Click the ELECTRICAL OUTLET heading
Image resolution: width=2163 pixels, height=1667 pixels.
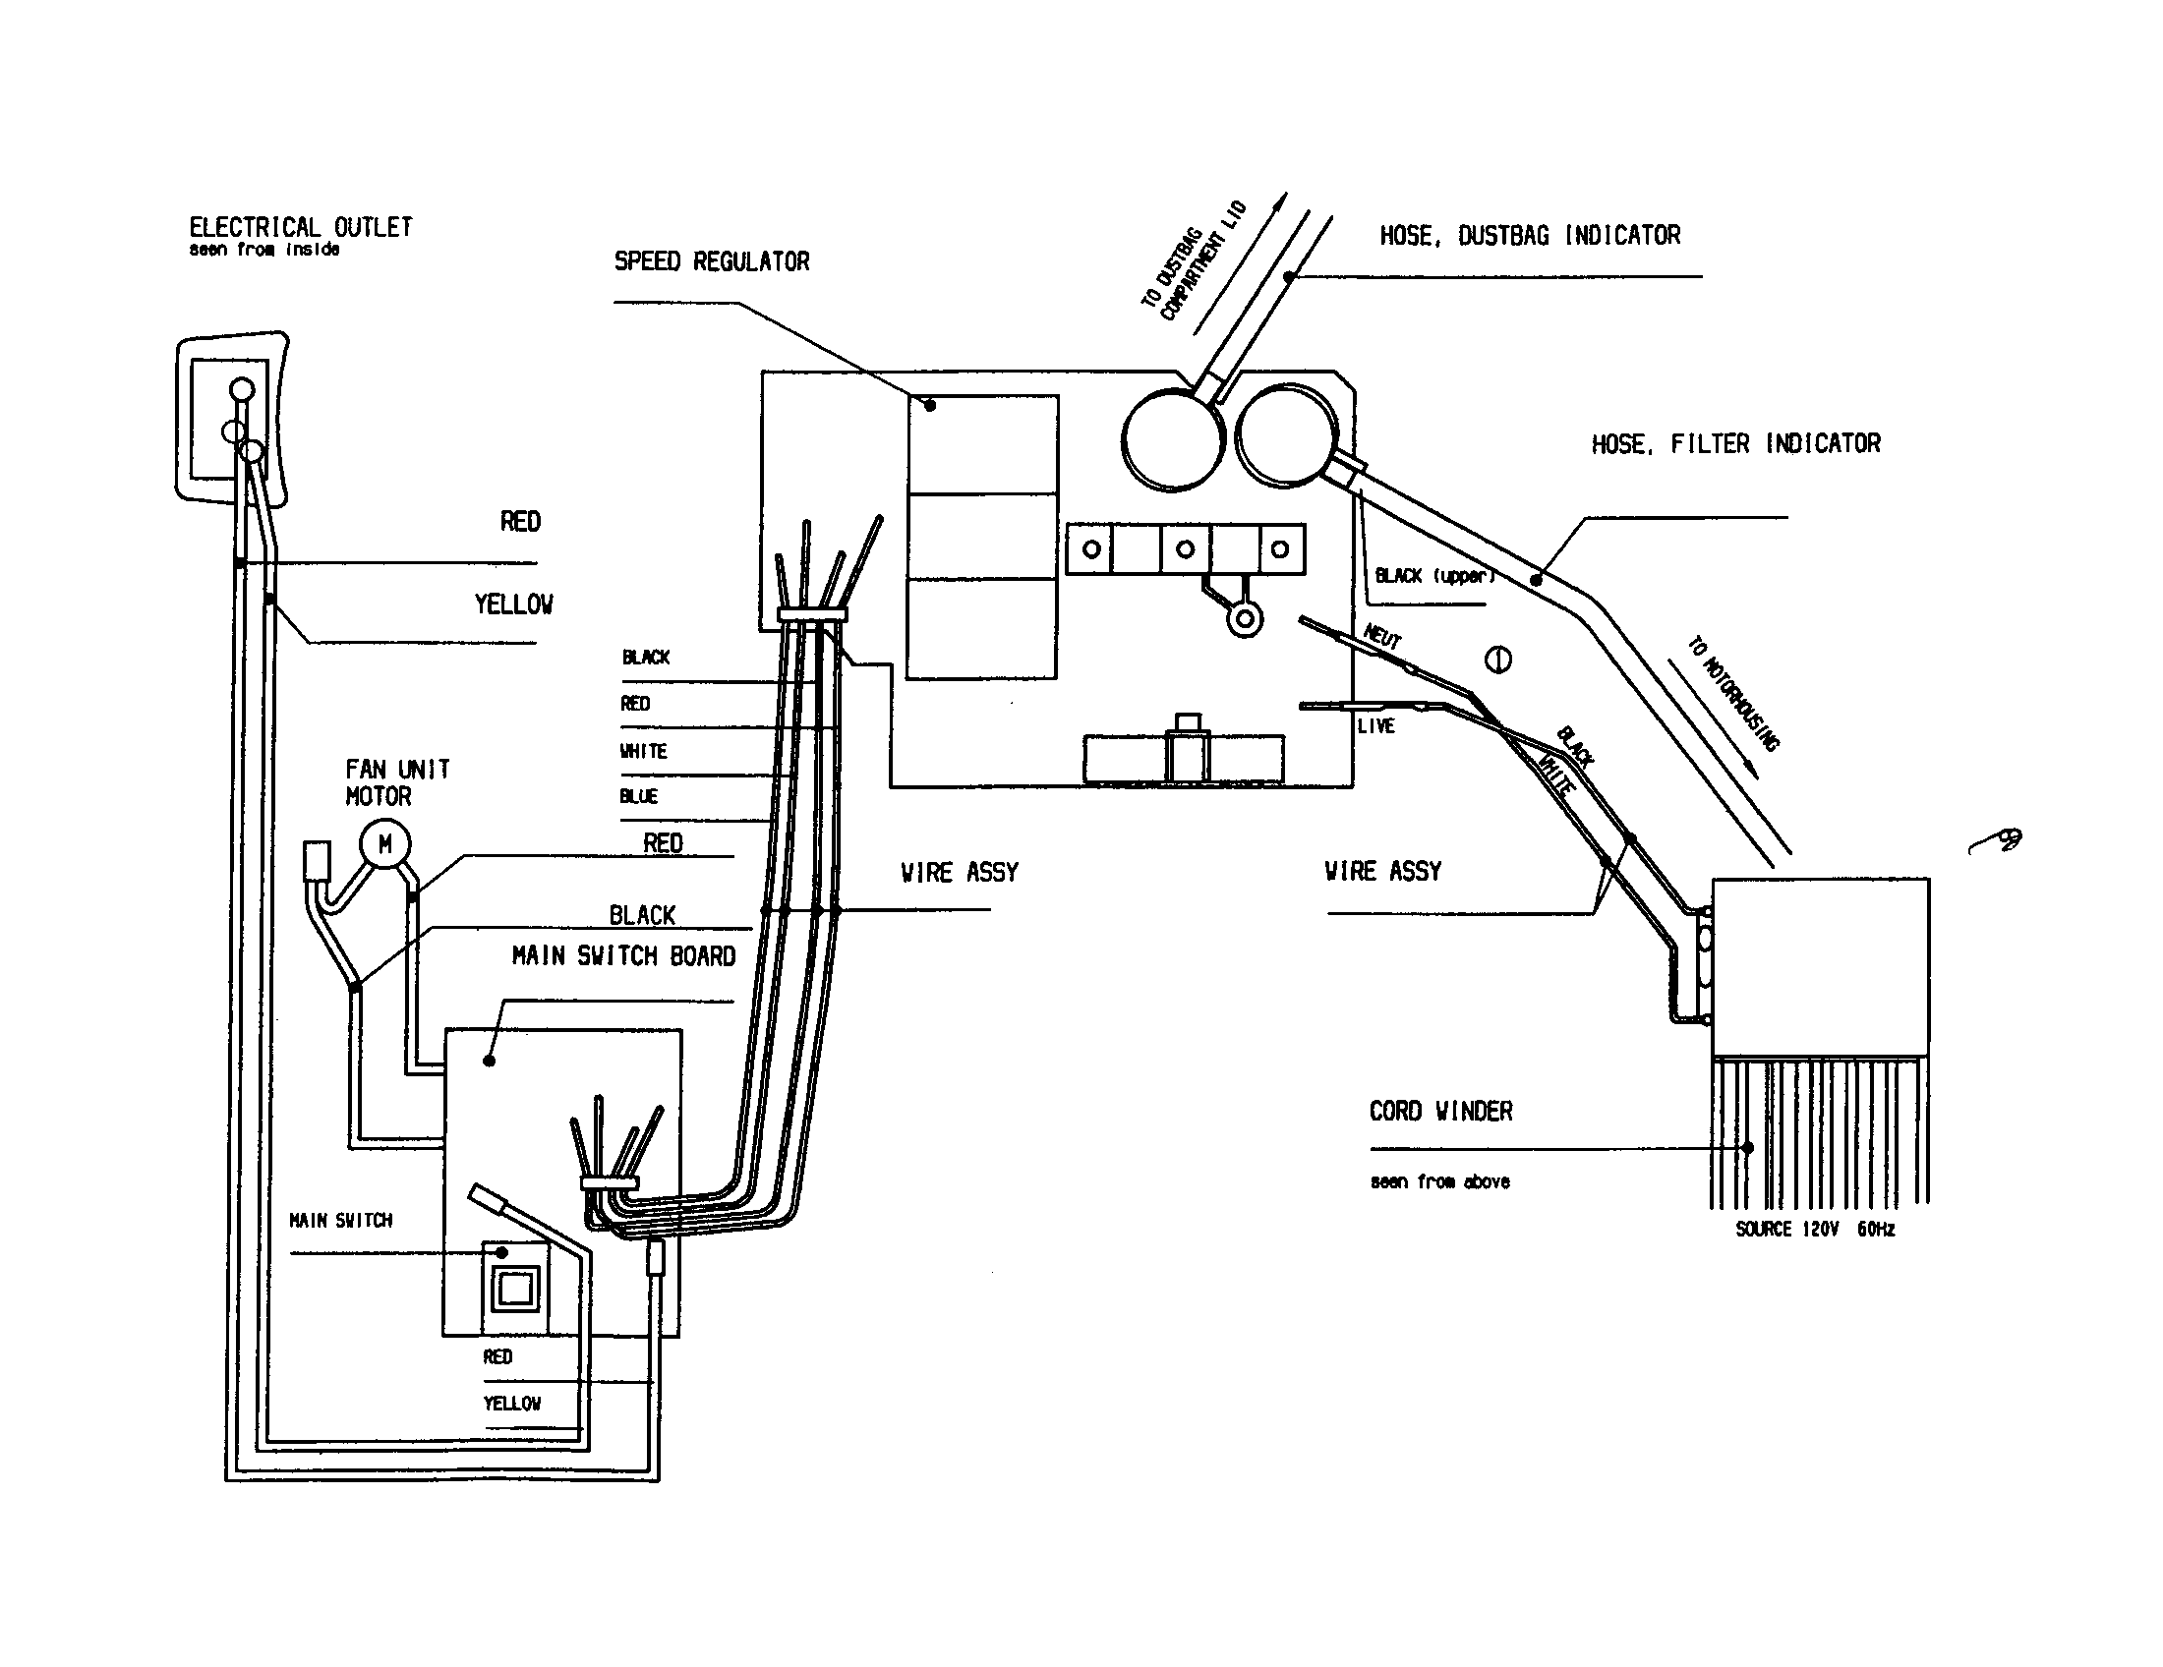[x=300, y=228]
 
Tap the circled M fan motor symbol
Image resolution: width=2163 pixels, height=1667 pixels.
[x=384, y=844]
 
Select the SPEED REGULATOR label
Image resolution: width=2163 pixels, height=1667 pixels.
[x=711, y=262]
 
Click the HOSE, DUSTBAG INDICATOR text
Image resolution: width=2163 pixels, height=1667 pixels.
[x=1529, y=236]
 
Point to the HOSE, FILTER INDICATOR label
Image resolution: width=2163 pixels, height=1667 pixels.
[x=1735, y=444]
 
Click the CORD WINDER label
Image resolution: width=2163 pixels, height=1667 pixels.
[x=1440, y=1112]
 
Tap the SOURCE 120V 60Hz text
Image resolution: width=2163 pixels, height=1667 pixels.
[x=1814, y=1230]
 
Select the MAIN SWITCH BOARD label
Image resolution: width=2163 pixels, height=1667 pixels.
[x=623, y=956]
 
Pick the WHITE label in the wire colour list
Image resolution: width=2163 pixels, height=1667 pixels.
[x=644, y=751]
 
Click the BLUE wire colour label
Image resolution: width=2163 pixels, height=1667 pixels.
[x=639, y=797]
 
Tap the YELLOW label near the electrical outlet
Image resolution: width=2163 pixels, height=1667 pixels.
[x=513, y=604]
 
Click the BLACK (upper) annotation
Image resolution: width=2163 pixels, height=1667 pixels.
[x=1434, y=576]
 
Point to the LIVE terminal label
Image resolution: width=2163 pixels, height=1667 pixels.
[x=1375, y=726]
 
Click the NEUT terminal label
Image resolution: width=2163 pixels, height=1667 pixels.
[x=1382, y=637]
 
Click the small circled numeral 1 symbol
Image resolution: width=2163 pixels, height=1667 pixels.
[x=1497, y=660]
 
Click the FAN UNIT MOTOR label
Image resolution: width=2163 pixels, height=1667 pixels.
[x=397, y=783]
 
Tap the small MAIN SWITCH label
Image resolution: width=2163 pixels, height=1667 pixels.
[x=341, y=1221]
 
